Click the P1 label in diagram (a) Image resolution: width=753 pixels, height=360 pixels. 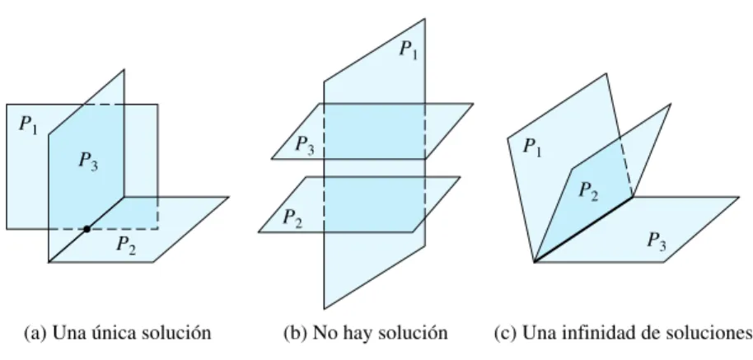28,125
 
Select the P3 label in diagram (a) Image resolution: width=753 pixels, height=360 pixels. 88,161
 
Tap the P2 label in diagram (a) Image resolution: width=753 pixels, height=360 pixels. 126,245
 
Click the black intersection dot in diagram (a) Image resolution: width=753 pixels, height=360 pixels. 87,229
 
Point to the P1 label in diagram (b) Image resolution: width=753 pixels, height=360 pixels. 409,49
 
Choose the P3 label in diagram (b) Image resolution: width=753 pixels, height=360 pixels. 305,144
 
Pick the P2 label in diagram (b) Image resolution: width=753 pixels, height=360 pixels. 292,218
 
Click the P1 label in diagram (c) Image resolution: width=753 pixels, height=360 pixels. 532,147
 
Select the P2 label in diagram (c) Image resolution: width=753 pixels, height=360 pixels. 588,190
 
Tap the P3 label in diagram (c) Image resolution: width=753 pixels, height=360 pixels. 657,241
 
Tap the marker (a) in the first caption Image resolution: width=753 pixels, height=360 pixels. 35,333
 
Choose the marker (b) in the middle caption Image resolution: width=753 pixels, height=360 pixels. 295,333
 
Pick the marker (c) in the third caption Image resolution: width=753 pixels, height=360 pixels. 506,333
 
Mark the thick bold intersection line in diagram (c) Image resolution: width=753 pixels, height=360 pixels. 583,230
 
